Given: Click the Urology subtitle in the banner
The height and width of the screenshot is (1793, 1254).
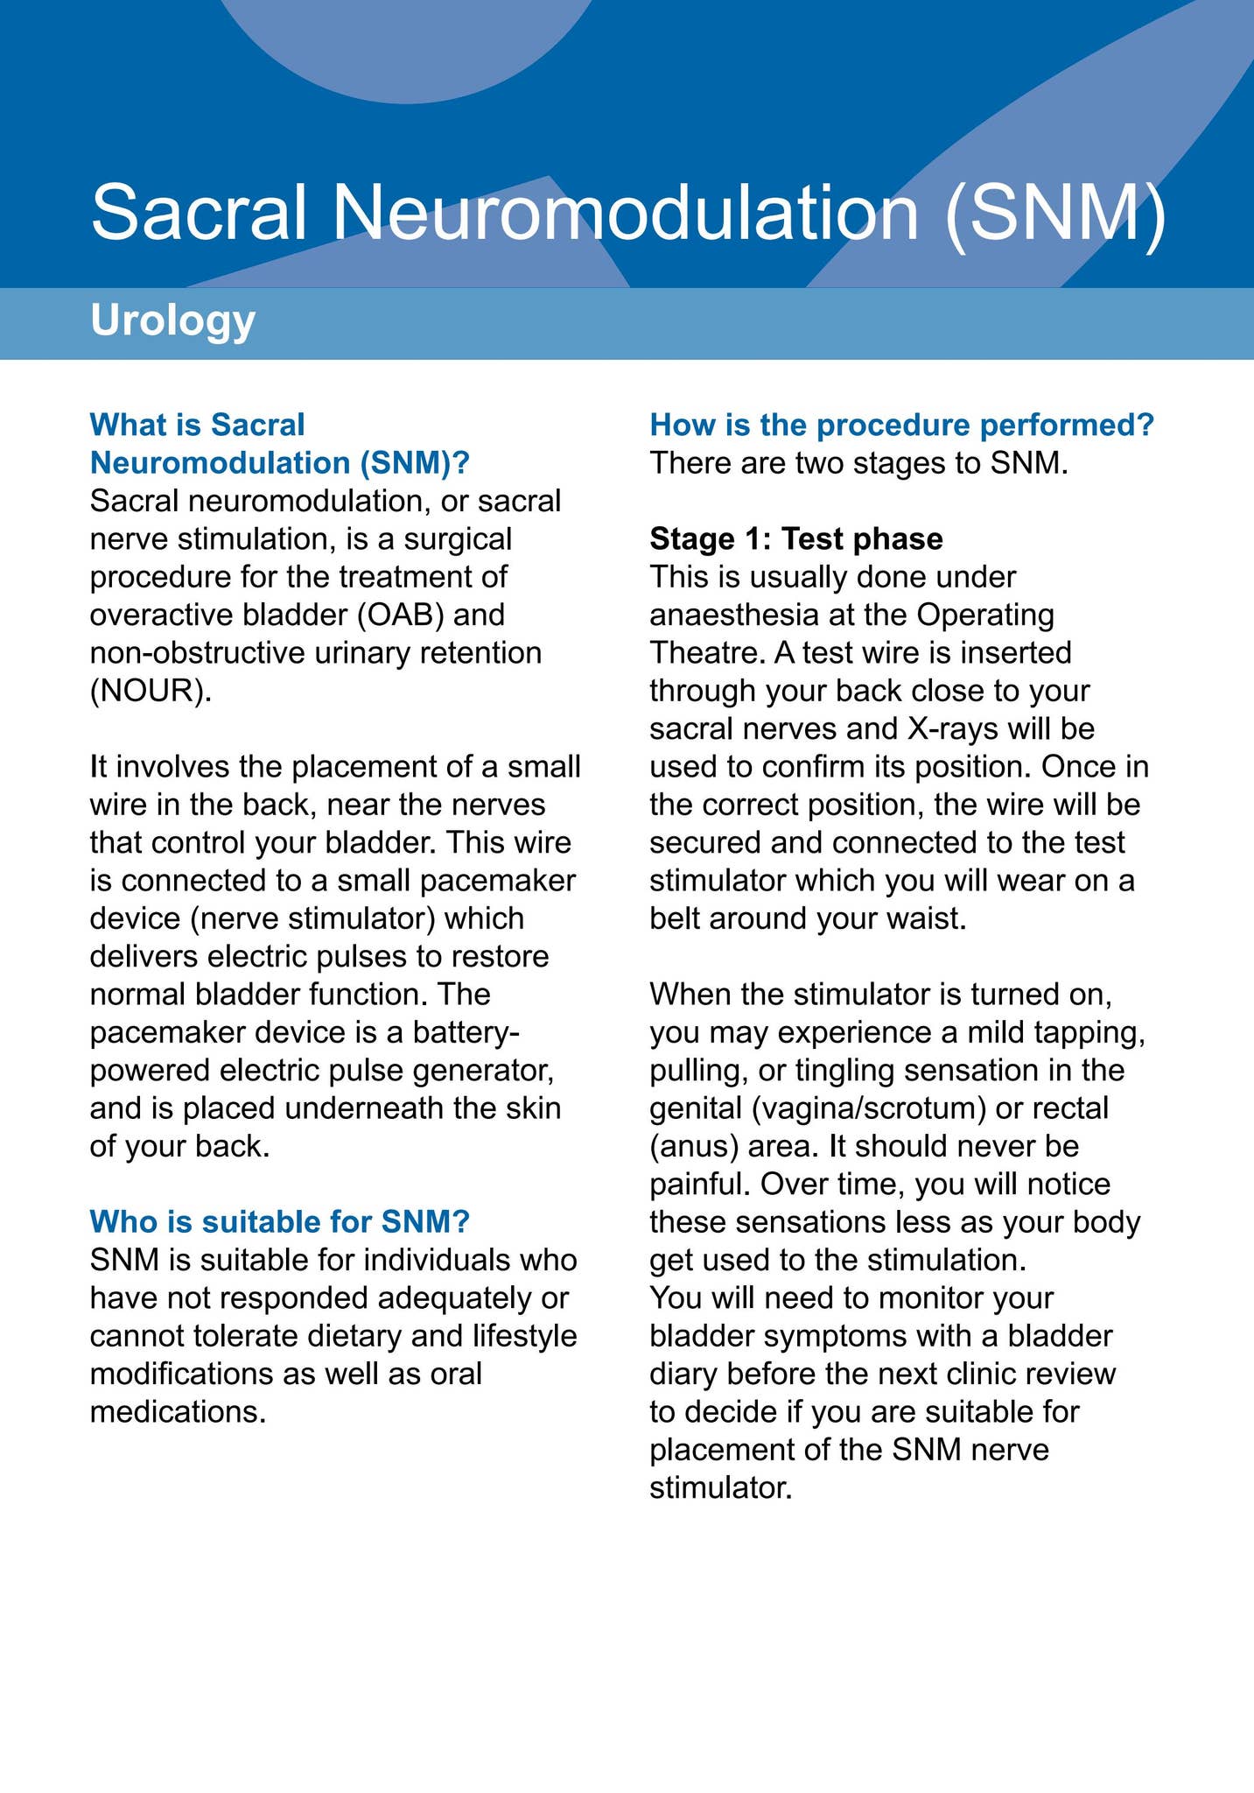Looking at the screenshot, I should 172,321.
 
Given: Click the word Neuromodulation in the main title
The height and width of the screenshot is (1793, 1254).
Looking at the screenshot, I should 626,213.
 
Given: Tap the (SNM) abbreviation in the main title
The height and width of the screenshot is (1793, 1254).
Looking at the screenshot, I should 1056,213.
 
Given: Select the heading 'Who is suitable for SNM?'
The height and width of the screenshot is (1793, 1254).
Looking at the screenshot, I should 280,1221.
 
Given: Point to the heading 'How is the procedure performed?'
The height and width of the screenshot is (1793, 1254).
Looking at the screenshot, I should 902,425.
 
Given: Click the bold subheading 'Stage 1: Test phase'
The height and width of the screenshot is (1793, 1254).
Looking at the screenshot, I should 796,539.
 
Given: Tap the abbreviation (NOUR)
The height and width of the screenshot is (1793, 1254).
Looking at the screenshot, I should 151,691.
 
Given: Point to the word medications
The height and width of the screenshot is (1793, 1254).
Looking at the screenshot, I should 178,1411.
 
